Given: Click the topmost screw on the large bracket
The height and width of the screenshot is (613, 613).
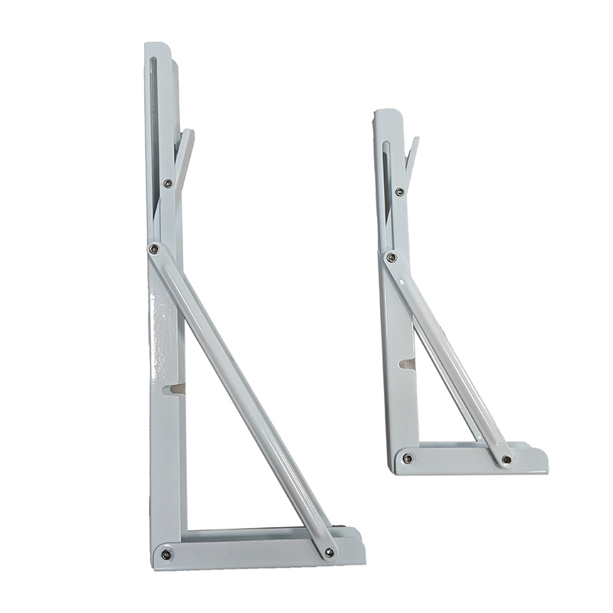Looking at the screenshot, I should pyautogui.click(x=167, y=183).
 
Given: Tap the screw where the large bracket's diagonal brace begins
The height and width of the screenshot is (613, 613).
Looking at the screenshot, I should pyautogui.click(x=154, y=249).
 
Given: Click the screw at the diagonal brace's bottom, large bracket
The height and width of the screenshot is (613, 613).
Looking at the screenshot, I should pyautogui.click(x=329, y=552).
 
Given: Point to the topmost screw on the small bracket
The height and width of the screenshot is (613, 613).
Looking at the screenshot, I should pyautogui.click(x=399, y=192).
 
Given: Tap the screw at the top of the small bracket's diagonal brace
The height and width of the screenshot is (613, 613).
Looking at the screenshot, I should pyautogui.click(x=392, y=257).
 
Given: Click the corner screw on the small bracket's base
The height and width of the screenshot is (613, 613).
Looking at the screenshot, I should pyautogui.click(x=408, y=459).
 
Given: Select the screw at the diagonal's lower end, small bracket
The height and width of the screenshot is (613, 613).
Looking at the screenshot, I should pyautogui.click(x=506, y=460).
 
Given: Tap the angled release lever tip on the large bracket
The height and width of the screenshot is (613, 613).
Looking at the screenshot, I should pyautogui.click(x=188, y=134).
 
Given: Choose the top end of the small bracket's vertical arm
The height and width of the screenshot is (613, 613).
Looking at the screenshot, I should pyautogui.click(x=385, y=113).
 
